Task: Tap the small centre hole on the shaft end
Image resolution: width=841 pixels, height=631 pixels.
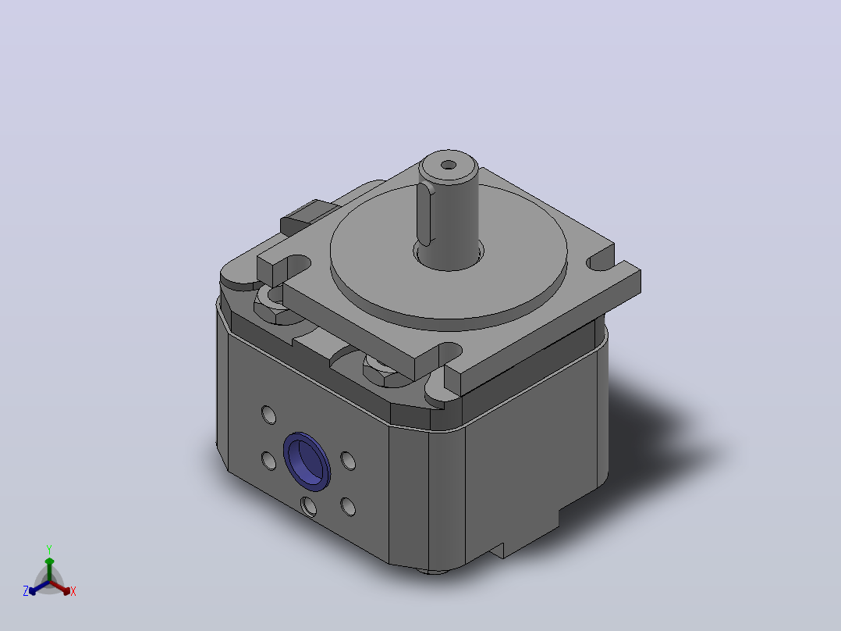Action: [x=449, y=165]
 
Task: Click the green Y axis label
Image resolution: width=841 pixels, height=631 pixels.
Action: [x=49, y=549]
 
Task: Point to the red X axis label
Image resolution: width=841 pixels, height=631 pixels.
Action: [x=73, y=591]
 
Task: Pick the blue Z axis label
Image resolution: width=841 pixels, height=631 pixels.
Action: [x=26, y=590]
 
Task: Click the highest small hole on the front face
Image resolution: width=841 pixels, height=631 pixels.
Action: [x=268, y=415]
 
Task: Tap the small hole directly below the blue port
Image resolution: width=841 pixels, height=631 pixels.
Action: [x=308, y=506]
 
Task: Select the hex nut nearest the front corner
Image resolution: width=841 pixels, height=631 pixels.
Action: [x=382, y=369]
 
